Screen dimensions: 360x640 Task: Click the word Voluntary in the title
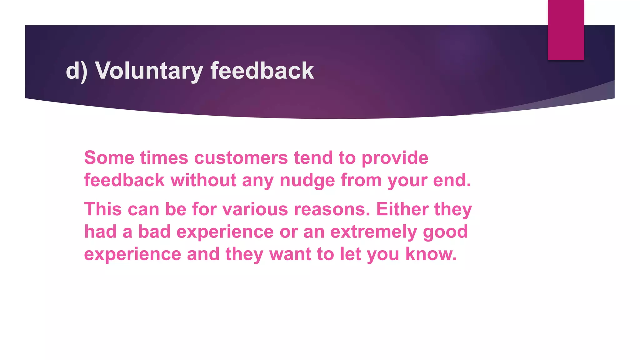tap(149, 71)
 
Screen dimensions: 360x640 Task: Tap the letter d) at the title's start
tap(76, 71)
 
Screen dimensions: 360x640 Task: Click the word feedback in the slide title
tap(262, 71)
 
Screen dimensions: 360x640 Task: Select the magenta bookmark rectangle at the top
tap(566, 30)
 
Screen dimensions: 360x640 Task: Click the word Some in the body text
tap(109, 157)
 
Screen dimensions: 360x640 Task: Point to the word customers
tap(241, 157)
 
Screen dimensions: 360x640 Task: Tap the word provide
tap(395, 157)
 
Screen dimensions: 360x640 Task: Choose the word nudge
tap(307, 180)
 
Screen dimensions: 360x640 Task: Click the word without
tap(203, 180)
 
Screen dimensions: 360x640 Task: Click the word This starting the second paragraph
tap(103, 209)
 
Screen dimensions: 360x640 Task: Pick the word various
tap(255, 209)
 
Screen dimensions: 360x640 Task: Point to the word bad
tap(154, 232)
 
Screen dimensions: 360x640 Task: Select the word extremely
tap(373, 232)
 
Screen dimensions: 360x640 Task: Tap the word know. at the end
tap(431, 254)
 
